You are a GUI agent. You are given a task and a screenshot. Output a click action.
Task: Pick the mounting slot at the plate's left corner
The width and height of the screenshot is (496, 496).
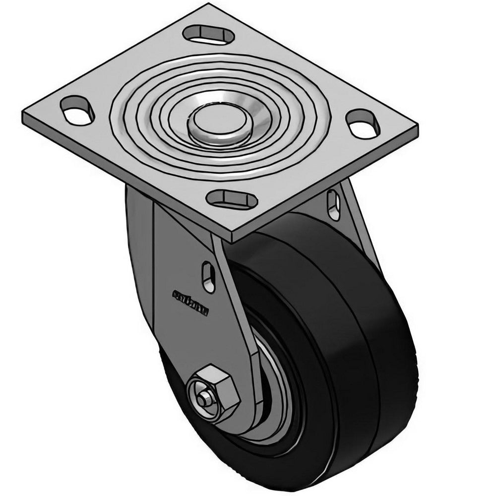77,110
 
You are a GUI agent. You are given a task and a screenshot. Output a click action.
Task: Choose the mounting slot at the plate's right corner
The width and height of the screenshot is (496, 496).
363,124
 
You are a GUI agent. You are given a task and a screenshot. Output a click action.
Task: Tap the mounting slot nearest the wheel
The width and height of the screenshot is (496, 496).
232,200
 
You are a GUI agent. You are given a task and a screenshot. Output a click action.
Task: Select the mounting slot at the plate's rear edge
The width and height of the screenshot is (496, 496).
208,34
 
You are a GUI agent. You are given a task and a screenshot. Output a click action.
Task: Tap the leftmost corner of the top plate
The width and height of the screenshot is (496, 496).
24,115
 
